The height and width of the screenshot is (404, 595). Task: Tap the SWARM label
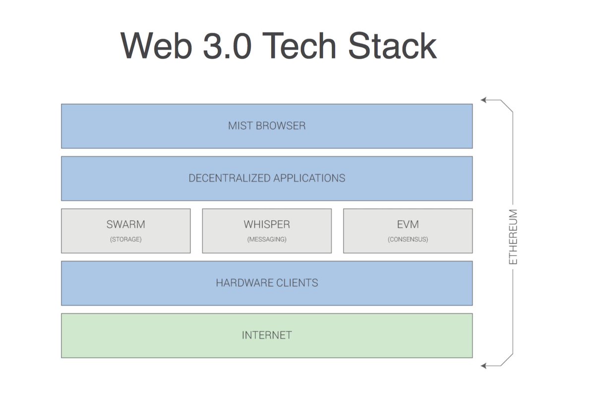coord(125,225)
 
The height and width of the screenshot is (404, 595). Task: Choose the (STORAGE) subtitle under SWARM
coord(125,239)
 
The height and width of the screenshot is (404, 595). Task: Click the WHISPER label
coord(267,225)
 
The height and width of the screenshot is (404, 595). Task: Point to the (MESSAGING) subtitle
coord(267,239)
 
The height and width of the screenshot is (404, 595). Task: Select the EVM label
coord(408,225)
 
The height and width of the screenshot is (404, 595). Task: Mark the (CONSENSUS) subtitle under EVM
coord(408,239)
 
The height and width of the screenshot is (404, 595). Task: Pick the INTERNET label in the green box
coord(267,336)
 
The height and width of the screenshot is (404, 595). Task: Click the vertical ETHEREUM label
coord(513,237)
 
